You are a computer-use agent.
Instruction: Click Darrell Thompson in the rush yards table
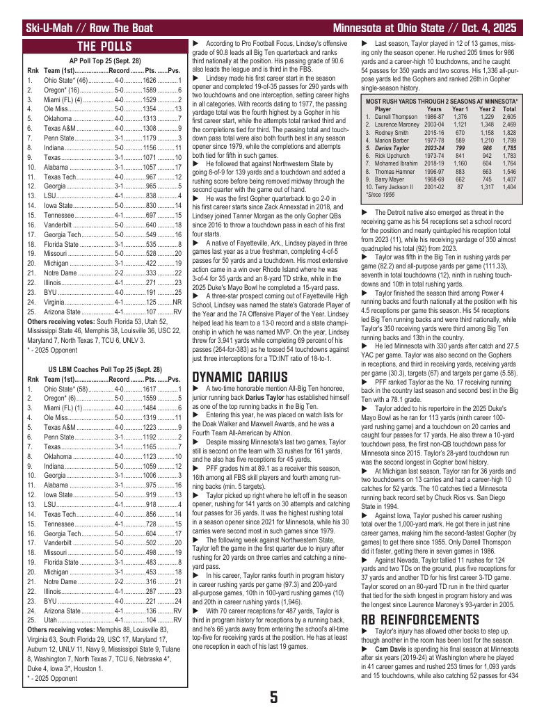click(x=396, y=117)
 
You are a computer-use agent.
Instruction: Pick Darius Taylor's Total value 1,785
click(x=508, y=148)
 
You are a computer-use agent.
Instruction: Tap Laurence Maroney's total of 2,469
click(x=508, y=124)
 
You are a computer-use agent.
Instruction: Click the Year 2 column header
click(x=486, y=109)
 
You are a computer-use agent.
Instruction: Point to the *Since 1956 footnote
click(x=379, y=195)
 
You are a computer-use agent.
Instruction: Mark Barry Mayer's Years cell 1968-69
click(x=434, y=179)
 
